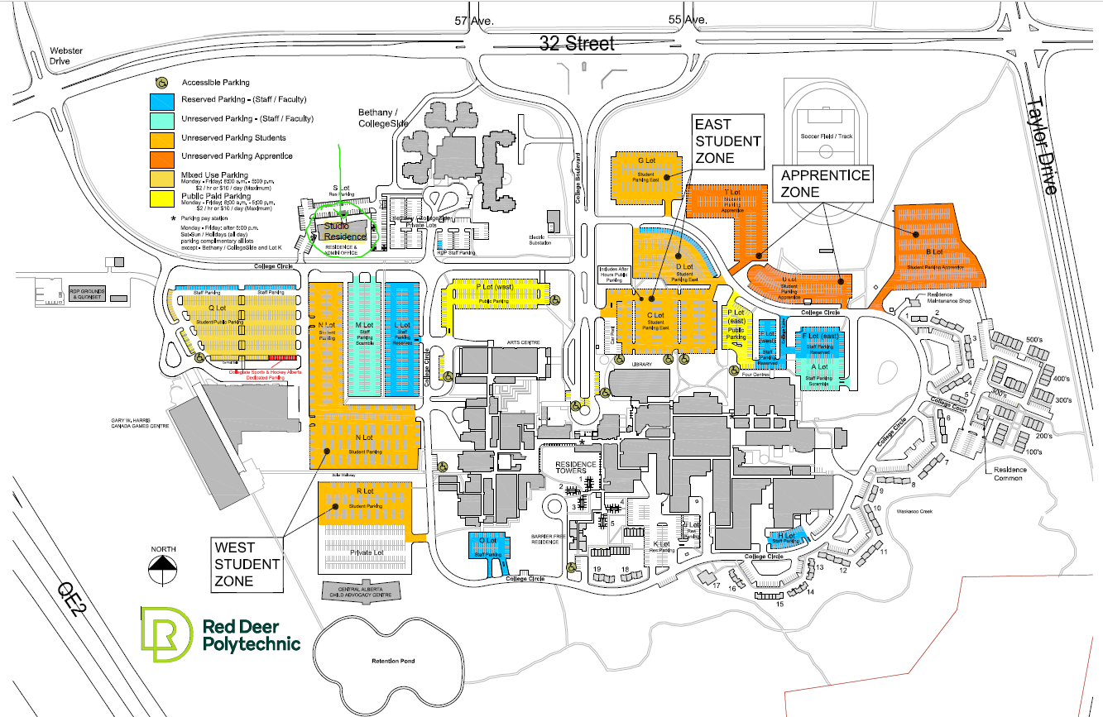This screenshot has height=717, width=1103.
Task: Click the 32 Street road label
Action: tap(578, 43)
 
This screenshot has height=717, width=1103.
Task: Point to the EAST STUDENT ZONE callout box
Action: tap(727, 141)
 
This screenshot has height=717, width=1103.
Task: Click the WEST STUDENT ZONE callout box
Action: tap(247, 564)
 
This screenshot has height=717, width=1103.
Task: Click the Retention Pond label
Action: tap(392, 661)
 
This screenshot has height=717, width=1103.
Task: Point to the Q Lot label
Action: tap(217, 308)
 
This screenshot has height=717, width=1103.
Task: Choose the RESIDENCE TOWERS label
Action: tap(576, 467)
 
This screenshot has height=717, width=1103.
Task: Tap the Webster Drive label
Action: tap(66, 55)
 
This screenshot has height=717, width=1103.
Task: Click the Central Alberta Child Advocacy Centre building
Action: tap(358, 591)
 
